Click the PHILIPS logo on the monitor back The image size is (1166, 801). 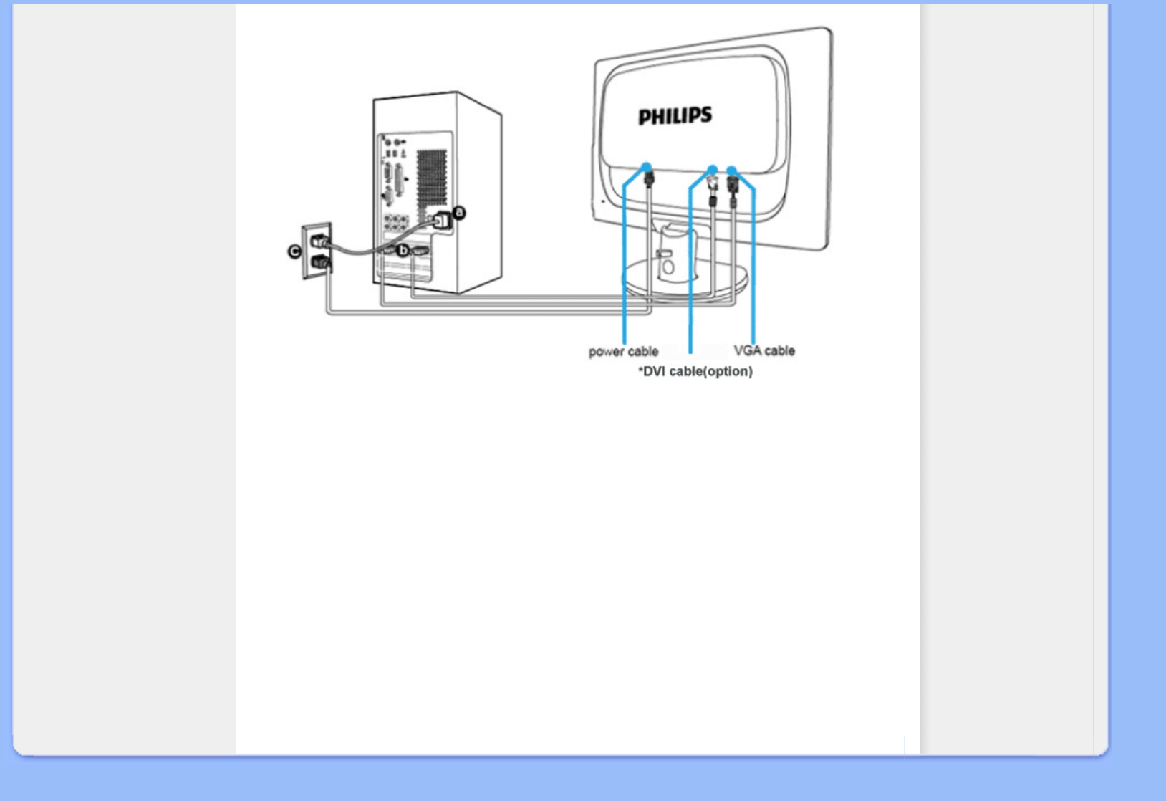pyautogui.click(x=675, y=116)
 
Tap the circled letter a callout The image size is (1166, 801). pyautogui.click(x=459, y=213)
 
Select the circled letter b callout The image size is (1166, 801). pyautogui.click(x=403, y=250)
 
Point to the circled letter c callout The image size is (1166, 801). pyautogui.click(x=294, y=251)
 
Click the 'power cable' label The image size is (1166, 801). pyautogui.click(x=623, y=352)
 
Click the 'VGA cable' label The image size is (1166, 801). pyautogui.click(x=764, y=351)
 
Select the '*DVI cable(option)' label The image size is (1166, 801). pyautogui.click(x=695, y=372)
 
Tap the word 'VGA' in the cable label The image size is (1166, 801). pyautogui.click(x=748, y=351)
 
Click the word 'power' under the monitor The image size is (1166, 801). pyautogui.click(x=607, y=352)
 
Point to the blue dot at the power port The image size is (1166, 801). pyautogui.click(x=646, y=167)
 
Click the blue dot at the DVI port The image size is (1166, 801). pyautogui.click(x=712, y=170)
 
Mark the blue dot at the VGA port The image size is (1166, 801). pyautogui.click(x=731, y=171)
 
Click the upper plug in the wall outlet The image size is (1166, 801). pyautogui.click(x=319, y=241)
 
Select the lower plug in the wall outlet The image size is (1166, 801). pyautogui.click(x=319, y=262)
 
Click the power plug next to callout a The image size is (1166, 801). pyautogui.click(x=442, y=221)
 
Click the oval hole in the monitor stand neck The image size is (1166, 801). pyautogui.click(x=668, y=268)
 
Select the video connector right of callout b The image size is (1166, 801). pyautogui.click(x=420, y=250)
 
